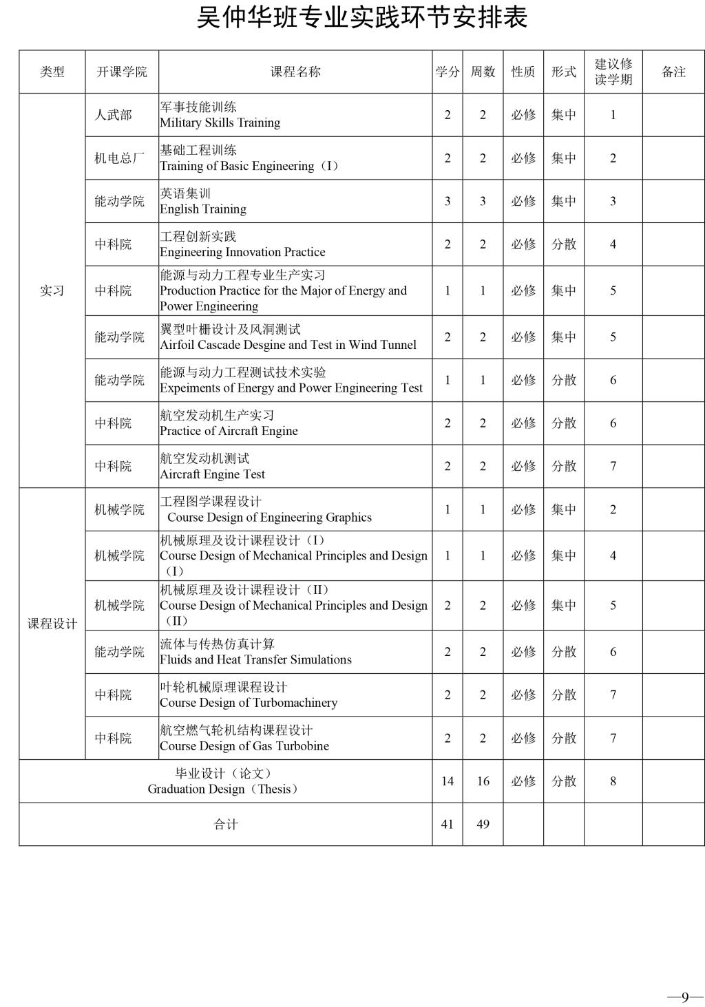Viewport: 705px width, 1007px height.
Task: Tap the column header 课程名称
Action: (295, 72)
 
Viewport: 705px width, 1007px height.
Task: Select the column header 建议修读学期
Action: (613, 72)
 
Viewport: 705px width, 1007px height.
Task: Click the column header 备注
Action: (673, 72)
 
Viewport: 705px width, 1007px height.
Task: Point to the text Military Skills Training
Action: (220, 123)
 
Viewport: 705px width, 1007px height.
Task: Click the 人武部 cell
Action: (113, 115)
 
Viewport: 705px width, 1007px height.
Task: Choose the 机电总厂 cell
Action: (119, 158)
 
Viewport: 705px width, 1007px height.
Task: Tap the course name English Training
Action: (202, 209)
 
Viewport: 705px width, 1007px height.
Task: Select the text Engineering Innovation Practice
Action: (242, 253)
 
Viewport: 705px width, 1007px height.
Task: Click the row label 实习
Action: (52, 290)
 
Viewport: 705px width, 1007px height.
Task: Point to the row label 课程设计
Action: (52, 624)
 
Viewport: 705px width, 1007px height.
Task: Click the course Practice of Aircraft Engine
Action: (229, 432)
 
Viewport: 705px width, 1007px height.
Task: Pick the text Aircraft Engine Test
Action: (212, 474)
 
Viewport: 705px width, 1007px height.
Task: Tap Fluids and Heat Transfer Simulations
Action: (255, 660)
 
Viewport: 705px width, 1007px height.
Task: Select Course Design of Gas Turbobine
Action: (244, 746)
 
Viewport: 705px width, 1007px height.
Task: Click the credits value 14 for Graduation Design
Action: (448, 781)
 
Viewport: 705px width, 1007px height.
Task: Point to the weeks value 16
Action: (483, 781)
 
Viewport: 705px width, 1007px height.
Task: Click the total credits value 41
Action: (448, 824)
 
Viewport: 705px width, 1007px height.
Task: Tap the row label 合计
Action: (225, 824)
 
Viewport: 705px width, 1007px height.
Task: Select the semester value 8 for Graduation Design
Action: (613, 781)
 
